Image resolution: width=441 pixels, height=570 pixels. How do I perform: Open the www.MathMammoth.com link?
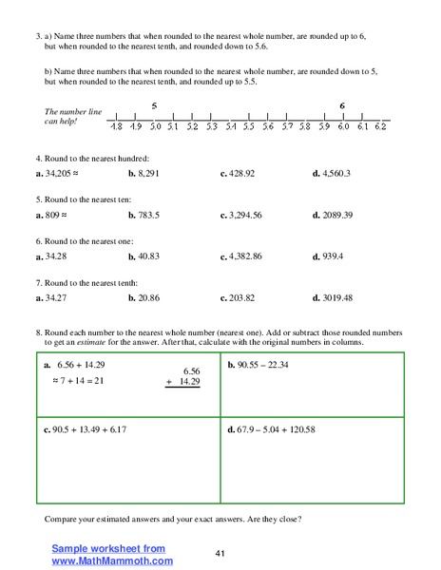pyautogui.click(x=112, y=560)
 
